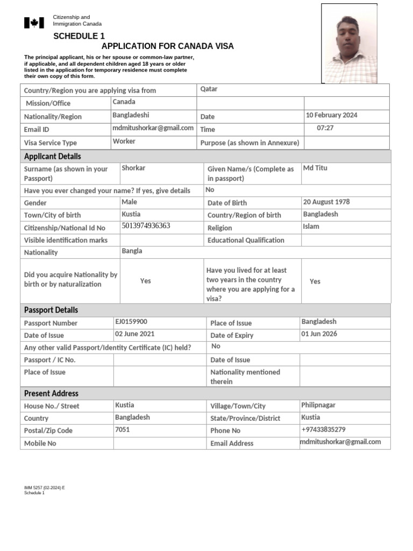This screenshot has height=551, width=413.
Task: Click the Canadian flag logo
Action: (34, 23)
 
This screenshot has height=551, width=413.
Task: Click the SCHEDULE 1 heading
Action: (79, 36)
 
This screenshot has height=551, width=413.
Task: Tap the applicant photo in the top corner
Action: (349, 44)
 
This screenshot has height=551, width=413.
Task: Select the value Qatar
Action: (209, 89)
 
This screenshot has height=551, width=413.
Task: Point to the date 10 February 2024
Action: (331, 115)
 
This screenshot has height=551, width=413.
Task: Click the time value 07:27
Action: (326, 129)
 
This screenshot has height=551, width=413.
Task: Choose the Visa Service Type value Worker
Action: (124, 141)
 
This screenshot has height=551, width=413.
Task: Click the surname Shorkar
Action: (133, 168)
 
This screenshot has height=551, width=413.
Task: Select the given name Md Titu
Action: (315, 168)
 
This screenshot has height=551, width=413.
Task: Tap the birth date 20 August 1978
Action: (326, 202)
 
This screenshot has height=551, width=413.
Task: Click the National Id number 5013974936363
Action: (146, 226)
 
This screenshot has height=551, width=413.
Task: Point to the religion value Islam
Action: (311, 227)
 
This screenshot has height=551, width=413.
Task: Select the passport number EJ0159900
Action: (131, 322)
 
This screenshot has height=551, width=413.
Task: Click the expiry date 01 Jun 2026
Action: (319, 334)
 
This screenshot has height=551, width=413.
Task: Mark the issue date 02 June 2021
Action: (134, 334)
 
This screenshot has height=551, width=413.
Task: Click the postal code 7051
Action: (123, 429)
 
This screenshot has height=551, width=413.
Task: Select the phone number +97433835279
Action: (323, 429)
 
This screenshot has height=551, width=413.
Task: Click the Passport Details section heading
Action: (51, 310)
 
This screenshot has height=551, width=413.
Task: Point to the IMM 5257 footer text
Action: (44, 488)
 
